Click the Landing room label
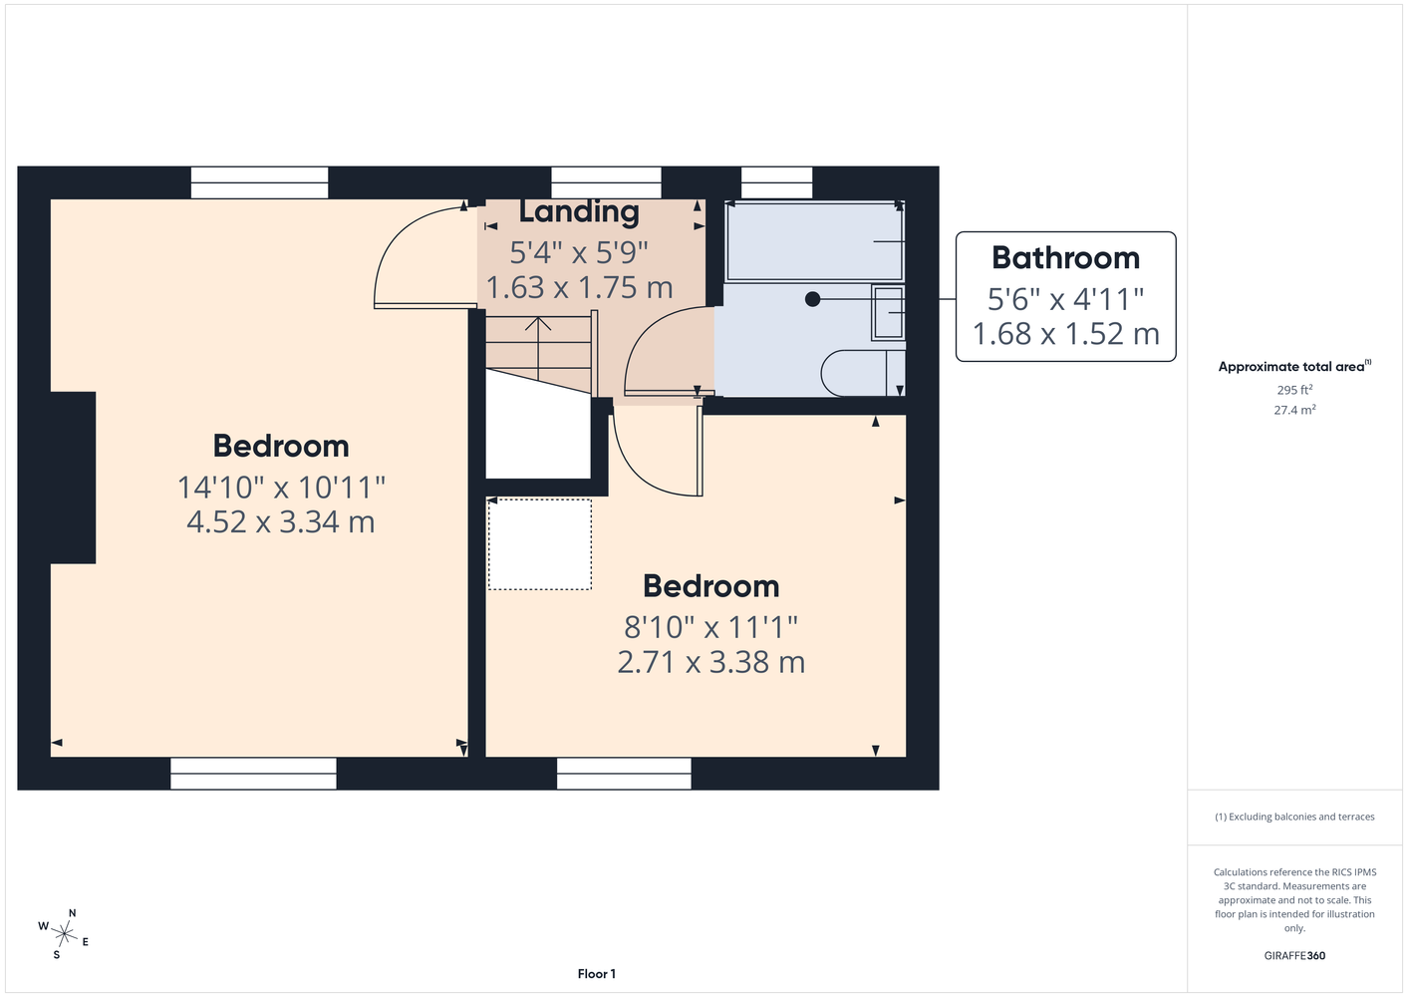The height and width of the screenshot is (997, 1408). (579, 212)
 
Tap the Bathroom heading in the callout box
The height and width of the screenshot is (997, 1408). (1065, 258)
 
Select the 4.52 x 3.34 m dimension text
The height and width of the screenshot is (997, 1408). (281, 522)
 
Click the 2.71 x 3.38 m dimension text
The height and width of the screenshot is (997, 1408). (710, 662)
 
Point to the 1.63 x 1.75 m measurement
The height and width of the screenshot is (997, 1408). (579, 287)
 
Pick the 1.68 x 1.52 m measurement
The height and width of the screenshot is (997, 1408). (1065, 334)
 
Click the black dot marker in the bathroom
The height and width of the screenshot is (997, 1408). (813, 299)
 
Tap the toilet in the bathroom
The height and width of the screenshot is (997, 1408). (863, 373)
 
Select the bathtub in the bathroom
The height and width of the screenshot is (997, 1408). (815, 241)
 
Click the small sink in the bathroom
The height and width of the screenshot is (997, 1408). (888, 313)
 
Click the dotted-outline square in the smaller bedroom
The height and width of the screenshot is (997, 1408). (540, 544)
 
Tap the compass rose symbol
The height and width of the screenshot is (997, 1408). (64, 934)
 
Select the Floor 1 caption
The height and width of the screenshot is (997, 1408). (597, 974)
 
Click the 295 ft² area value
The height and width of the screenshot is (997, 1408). (1294, 390)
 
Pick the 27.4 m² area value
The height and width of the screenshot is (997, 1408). (1294, 410)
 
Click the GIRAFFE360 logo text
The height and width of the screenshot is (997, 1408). (1294, 955)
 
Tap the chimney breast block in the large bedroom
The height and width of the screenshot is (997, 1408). (73, 478)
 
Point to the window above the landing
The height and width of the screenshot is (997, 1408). (606, 183)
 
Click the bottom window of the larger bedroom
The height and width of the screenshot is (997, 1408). (253, 773)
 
